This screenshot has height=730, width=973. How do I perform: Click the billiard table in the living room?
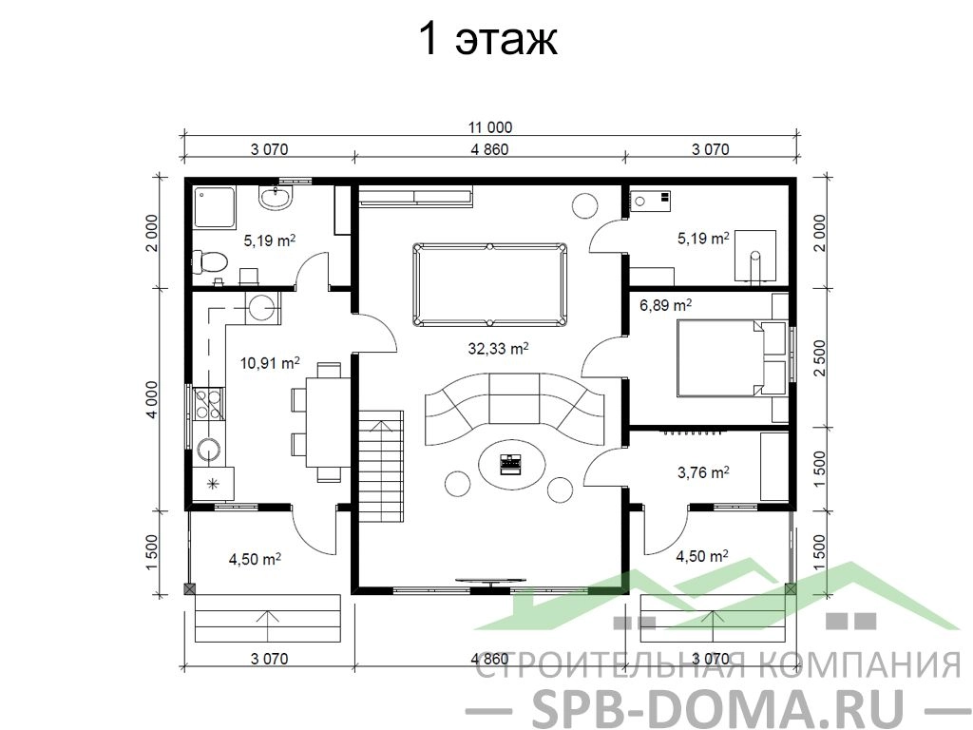tap(489, 285)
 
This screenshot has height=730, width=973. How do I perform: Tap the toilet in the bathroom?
tap(206, 261)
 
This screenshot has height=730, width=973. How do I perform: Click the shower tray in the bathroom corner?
tap(215, 206)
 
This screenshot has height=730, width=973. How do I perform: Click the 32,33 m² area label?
tap(498, 349)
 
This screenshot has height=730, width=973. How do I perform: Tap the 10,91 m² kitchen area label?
tap(271, 362)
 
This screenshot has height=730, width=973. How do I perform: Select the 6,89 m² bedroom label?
tap(666, 305)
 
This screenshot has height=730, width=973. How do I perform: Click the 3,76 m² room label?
tap(703, 473)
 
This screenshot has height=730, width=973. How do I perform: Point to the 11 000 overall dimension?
tap(490, 127)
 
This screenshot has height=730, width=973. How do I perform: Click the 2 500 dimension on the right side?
tap(820, 357)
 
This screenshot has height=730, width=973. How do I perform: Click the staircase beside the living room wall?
tap(381, 466)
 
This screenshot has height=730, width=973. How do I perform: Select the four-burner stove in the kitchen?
tap(208, 403)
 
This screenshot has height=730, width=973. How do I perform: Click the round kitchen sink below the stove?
tap(207, 451)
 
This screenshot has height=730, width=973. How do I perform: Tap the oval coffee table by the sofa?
tap(512, 464)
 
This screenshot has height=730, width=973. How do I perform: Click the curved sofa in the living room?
tap(514, 408)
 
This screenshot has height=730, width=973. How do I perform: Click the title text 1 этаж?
tap(488, 39)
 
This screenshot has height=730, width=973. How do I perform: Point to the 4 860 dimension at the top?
tap(489, 149)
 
